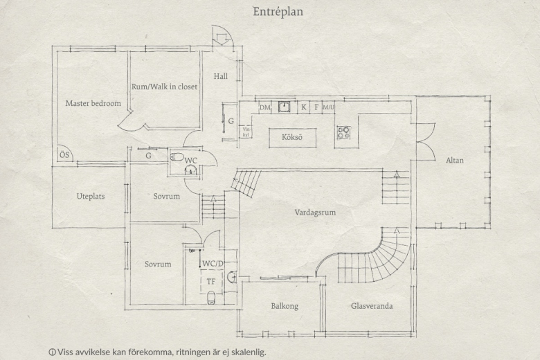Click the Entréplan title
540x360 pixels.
tap(278, 12)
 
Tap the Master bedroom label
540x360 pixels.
tap(93, 103)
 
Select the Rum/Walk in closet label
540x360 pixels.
tap(164, 87)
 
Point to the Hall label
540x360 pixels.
tap(220, 76)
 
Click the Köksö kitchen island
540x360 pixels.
tap(292, 138)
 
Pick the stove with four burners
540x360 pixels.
tap(343, 132)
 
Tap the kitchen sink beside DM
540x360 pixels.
tap(284, 107)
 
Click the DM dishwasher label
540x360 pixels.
tap(265, 107)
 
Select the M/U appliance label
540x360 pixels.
tap(328, 107)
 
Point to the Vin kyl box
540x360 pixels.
tap(246, 132)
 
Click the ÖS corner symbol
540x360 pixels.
tap(64, 154)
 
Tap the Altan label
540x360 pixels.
tap(455, 160)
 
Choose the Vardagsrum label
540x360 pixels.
tap(315, 213)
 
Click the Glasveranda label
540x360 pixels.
tap(372, 306)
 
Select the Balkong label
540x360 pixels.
tap(285, 306)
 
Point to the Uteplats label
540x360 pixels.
tap(91, 197)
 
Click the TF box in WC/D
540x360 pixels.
tap(211, 282)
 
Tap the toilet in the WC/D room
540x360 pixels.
tap(211, 297)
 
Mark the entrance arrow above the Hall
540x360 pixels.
tap(220, 38)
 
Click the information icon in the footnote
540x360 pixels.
tap(53, 352)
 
